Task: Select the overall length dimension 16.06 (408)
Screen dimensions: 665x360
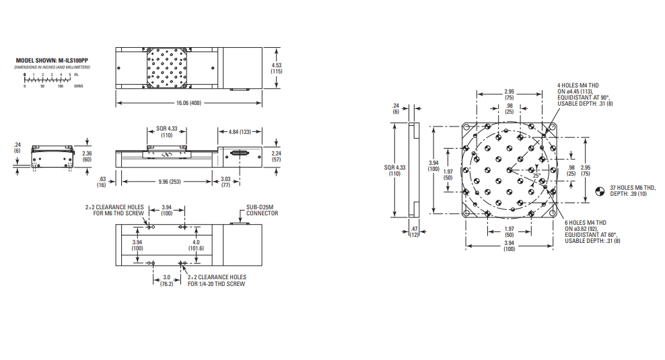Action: tap(188, 103)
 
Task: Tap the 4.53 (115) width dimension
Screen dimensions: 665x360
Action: tap(277, 68)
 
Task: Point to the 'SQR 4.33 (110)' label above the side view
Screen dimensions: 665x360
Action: tap(167, 132)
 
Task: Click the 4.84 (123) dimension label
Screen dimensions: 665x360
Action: tap(240, 132)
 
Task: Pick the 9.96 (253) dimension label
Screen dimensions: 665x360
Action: tap(170, 182)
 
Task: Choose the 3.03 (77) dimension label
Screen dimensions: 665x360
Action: tap(225, 182)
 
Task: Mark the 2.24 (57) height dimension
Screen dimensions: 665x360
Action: tap(277, 157)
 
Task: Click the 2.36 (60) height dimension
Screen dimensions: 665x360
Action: tap(87, 157)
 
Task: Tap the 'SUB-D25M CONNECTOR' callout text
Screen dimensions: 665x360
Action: tap(262, 211)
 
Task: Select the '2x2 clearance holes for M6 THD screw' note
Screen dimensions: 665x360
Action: tap(114, 210)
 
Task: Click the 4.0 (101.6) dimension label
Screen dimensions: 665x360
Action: tap(196, 245)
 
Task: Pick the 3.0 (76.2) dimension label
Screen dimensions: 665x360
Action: tap(167, 281)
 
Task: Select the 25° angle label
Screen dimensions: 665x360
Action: tap(537, 175)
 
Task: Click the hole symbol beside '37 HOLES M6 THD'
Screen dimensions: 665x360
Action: tap(600, 191)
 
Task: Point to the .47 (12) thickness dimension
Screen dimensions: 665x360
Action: tap(414, 232)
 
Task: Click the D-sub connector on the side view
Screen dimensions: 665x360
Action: tap(241, 153)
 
